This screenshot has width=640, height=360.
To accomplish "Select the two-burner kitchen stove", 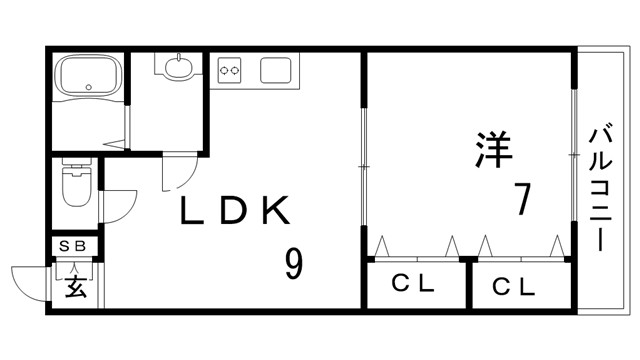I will (231, 70).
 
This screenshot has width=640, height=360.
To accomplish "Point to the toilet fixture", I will (76, 187).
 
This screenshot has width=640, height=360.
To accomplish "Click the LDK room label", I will (235, 210).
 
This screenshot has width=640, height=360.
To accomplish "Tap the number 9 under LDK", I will (293, 263).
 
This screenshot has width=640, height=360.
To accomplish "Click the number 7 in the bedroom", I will (520, 199).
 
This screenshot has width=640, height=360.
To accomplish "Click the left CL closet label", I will (413, 286).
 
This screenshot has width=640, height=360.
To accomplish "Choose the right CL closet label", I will (514, 288).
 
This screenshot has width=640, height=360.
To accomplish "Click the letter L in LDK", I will (193, 210).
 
